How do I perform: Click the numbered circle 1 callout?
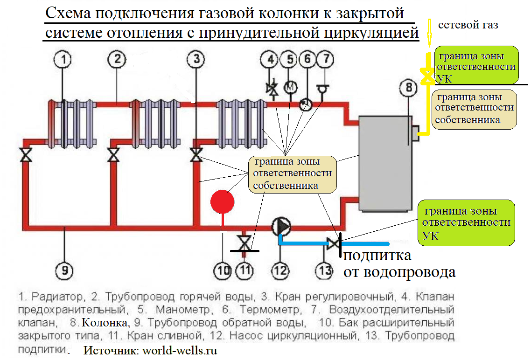coord(64,59)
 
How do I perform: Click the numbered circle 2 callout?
coord(117,59)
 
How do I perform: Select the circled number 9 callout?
coord(64,270)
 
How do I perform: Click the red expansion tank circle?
coord(222,202)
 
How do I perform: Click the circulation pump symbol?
coord(281,227)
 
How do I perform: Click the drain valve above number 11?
coord(243,242)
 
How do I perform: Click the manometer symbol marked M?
coord(290,87)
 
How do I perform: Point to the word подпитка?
coord(377,256)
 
